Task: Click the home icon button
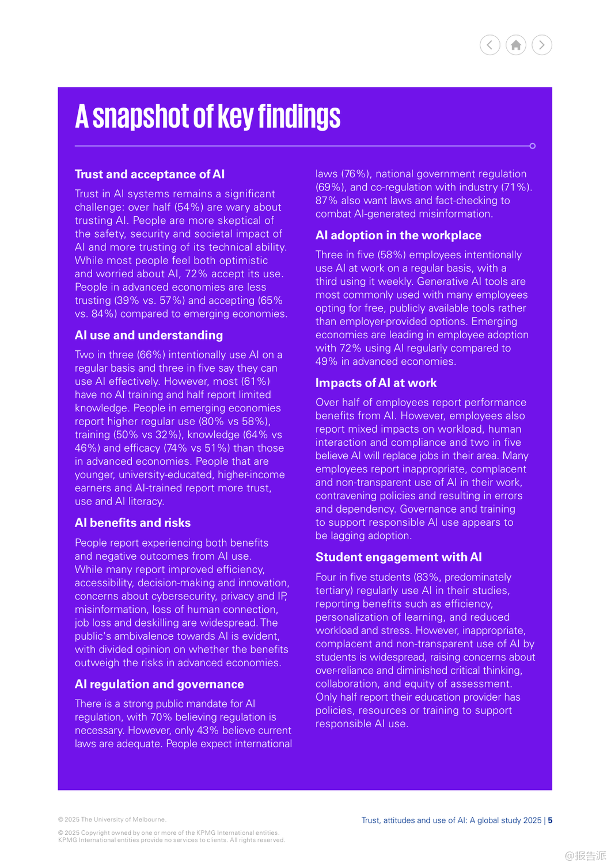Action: coord(516,45)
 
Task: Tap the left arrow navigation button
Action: coord(490,45)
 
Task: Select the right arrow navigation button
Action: coord(542,45)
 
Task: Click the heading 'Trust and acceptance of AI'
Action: coord(150,174)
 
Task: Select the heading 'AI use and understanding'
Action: coord(149,335)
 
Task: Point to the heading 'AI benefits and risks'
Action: coord(132,523)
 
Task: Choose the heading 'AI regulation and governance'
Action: coord(159,684)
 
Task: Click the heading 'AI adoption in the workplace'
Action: coord(398,235)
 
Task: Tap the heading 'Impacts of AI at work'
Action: coord(375,383)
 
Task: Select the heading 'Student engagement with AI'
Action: coord(399,557)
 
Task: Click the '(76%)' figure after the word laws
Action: coord(356,174)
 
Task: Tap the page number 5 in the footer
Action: coord(550,820)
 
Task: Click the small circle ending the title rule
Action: coord(533,146)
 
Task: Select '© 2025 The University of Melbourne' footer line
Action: coord(112,819)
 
